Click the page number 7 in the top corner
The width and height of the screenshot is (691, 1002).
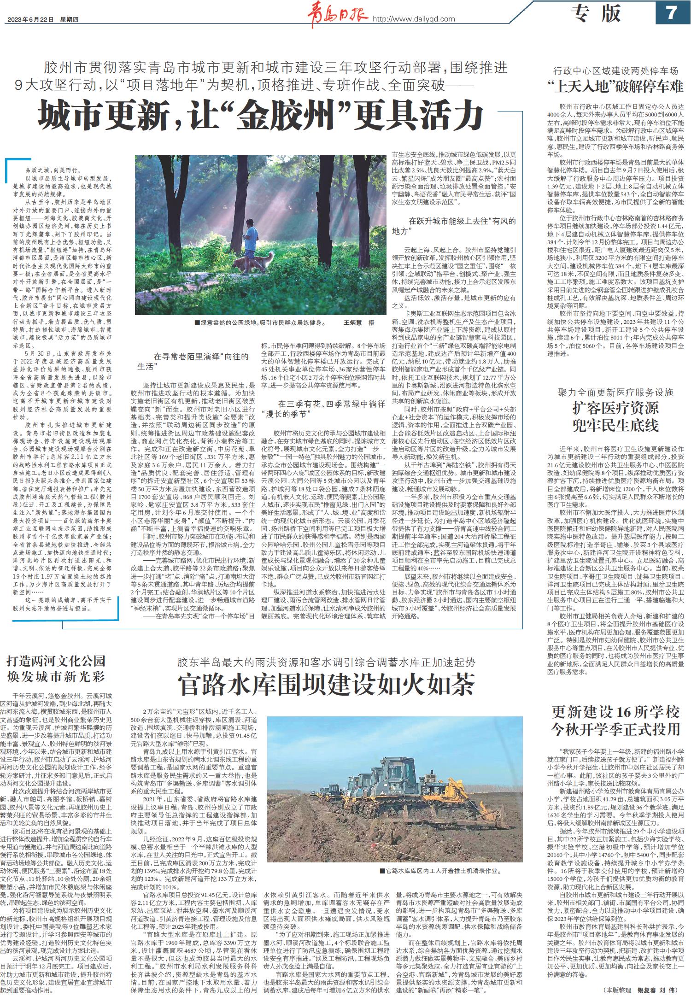click(x=671, y=12)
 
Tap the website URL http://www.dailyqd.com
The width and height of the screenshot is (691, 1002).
click(x=413, y=19)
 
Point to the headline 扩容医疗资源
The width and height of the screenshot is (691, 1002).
click(x=615, y=408)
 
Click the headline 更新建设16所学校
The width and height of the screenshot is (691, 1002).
click(x=615, y=712)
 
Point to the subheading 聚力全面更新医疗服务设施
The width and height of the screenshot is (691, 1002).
click(x=615, y=393)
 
